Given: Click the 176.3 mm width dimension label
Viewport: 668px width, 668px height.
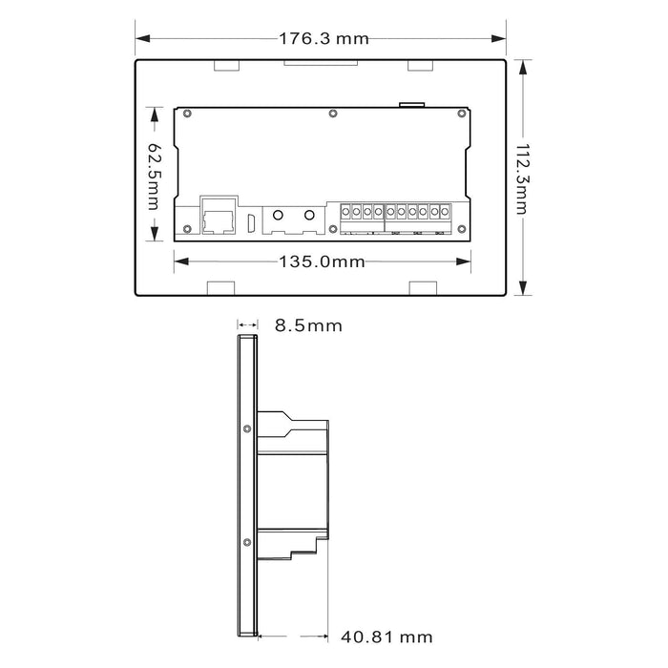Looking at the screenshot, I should pyautogui.click(x=323, y=39).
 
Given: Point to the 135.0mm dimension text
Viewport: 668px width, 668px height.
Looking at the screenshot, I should pyautogui.click(x=322, y=261).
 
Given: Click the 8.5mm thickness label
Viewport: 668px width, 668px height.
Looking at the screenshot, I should pyautogui.click(x=307, y=325).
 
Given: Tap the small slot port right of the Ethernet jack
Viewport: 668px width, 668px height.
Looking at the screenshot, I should pyautogui.click(x=251, y=222).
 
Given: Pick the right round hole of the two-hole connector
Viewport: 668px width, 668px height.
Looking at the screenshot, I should pyautogui.click(x=308, y=217).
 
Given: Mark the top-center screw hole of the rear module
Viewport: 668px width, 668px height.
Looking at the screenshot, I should pyautogui.click(x=332, y=115).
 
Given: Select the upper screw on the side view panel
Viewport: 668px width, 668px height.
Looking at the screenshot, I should pyautogui.click(x=247, y=428).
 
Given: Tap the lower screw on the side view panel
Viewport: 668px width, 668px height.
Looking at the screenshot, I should pyautogui.click(x=247, y=542).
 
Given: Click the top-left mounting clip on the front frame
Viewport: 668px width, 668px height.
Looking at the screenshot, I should pyautogui.click(x=225, y=66).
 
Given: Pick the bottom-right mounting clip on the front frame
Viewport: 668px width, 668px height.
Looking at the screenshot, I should pyautogui.click(x=421, y=288).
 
